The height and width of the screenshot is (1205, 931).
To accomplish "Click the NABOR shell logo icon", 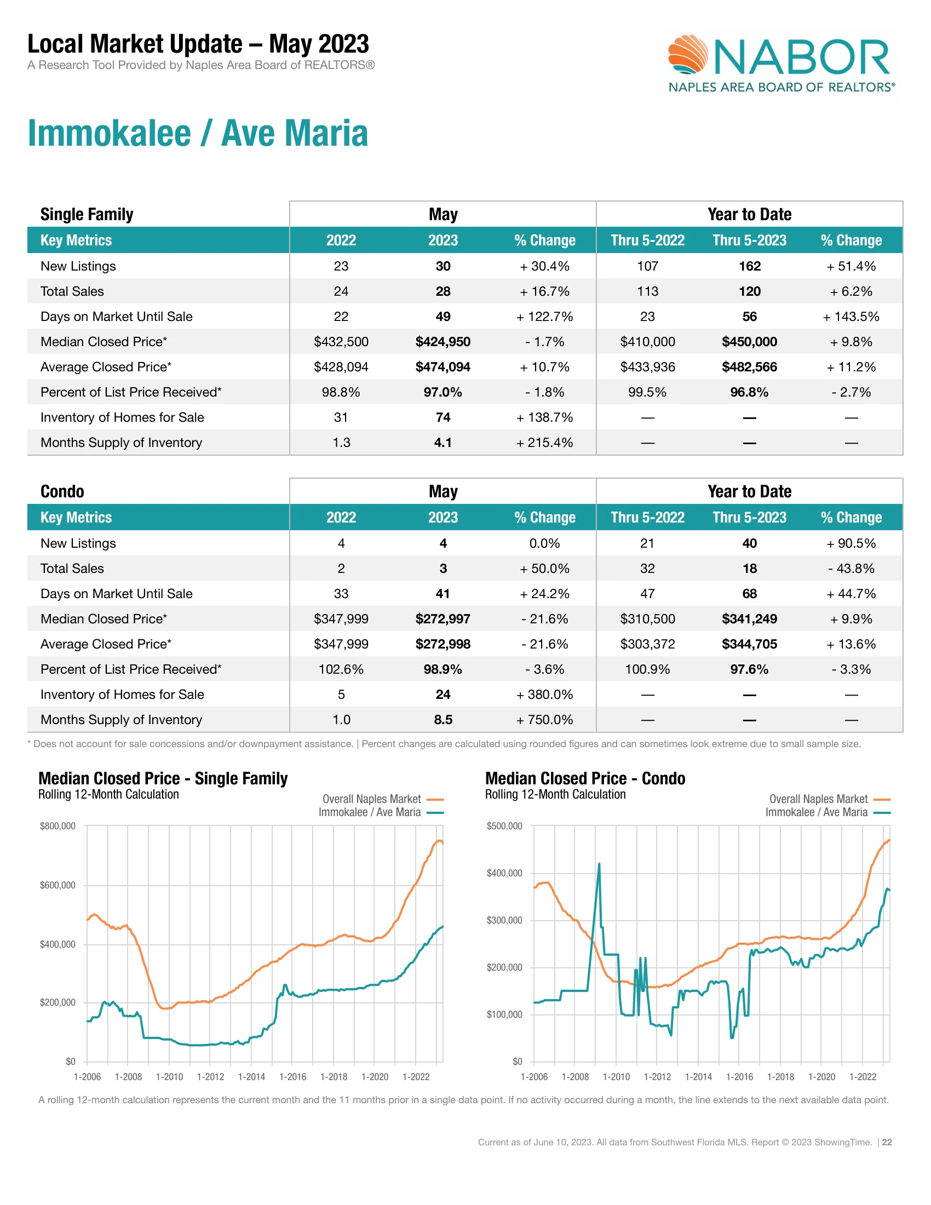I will click(688, 55).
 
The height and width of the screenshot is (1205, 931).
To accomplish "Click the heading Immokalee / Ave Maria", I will click(198, 134).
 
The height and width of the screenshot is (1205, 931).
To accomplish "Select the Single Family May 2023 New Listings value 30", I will click(443, 266).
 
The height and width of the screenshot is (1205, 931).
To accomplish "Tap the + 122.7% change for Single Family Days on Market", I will click(544, 317).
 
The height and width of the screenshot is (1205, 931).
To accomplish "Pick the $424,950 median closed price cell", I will click(443, 342).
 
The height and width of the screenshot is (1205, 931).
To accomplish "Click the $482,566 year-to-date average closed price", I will click(749, 367).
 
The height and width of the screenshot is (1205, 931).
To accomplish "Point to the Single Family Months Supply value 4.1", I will click(443, 443).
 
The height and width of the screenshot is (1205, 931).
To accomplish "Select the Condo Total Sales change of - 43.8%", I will click(850, 569).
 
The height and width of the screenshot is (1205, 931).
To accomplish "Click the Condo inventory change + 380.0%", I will click(544, 695).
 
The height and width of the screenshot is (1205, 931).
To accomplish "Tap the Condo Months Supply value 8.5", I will click(443, 720).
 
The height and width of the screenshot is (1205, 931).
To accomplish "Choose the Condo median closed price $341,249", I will click(749, 619).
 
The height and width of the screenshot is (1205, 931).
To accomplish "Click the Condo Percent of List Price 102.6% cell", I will click(341, 669).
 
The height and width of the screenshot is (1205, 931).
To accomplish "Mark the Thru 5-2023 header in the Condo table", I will click(749, 518).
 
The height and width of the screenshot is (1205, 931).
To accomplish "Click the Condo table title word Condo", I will click(62, 492).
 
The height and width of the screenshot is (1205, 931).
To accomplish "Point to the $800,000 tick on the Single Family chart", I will click(58, 826).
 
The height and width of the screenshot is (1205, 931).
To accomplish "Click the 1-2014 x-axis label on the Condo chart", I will click(698, 1077).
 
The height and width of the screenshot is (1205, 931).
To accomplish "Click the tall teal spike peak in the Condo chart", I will click(599, 864).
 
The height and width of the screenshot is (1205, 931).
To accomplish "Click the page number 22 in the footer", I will click(887, 1142).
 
